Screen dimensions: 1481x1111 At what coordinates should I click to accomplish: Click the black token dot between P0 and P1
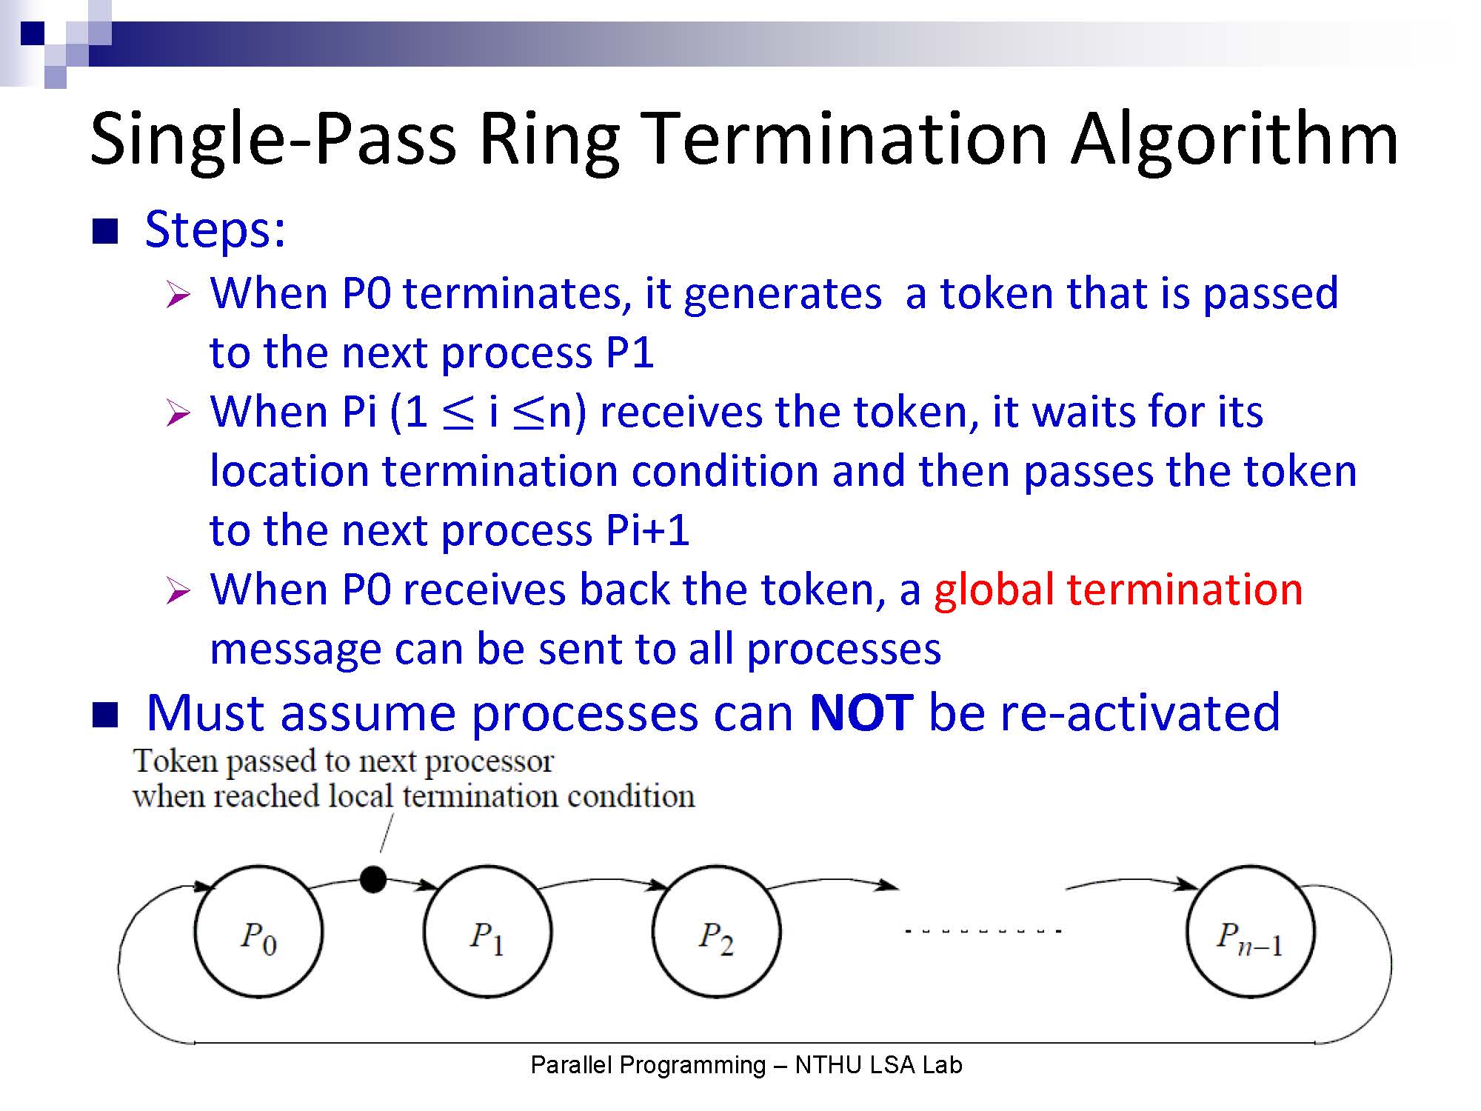tap(372, 879)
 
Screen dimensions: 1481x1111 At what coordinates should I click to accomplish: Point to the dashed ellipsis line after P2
tap(984, 931)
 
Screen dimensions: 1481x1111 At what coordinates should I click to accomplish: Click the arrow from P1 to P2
tap(604, 880)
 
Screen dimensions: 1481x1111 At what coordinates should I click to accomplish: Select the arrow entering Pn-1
tap(1131, 880)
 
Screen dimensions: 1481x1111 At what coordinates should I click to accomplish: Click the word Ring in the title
tap(549, 141)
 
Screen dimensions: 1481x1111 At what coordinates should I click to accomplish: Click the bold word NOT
tap(861, 713)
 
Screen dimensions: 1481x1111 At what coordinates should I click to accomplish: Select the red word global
tap(994, 590)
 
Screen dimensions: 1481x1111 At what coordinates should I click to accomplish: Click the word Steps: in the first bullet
tap(215, 231)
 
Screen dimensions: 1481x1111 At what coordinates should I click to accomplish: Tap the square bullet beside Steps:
tap(105, 231)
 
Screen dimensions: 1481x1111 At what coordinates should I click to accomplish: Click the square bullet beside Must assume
tap(105, 715)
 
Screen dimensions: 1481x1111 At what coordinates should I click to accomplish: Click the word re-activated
tap(1140, 713)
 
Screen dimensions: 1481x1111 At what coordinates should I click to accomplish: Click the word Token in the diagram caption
tap(176, 761)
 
